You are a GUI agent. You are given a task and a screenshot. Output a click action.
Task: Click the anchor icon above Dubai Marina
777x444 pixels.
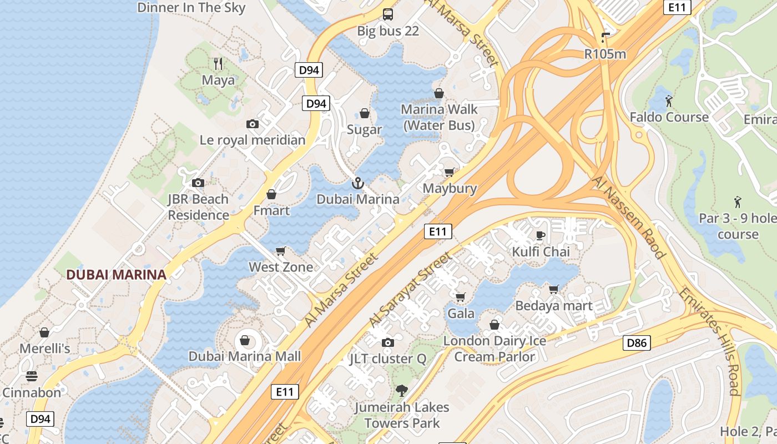click(358, 183)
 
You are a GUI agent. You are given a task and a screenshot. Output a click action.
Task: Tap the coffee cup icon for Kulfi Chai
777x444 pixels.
click(540, 236)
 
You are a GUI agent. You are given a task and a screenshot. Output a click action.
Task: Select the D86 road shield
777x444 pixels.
click(636, 343)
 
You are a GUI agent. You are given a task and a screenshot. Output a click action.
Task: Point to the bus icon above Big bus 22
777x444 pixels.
click(387, 14)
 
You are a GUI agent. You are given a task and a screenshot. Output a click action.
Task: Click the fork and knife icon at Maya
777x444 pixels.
click(218, 64)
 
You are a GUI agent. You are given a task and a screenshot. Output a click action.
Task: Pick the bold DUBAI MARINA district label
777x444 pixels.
click(116, 274)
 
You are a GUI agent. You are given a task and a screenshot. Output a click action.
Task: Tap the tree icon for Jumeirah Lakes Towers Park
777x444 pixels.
click(401, 391)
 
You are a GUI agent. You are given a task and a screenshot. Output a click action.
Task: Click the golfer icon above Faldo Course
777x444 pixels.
click(669, 101)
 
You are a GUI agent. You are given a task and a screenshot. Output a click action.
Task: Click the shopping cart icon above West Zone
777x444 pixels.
click(281, 251)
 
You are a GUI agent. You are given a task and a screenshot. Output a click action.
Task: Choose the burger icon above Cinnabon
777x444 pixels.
click(32, 376)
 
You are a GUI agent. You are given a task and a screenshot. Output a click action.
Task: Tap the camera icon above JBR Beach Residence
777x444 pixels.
click(198, 183)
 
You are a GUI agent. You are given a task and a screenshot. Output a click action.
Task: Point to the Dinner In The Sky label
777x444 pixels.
click(191, 7)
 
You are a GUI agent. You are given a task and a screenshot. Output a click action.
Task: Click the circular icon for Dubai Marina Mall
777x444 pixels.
click(245, 340)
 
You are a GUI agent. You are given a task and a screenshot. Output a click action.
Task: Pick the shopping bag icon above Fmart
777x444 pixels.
click(271, 194)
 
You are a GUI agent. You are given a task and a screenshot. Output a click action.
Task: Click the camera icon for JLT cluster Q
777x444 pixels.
click(388, 342)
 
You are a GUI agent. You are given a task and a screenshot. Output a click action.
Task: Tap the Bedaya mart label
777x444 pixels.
click(554, 305)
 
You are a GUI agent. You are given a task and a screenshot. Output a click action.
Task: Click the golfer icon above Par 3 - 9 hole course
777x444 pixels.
click(738, 201)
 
